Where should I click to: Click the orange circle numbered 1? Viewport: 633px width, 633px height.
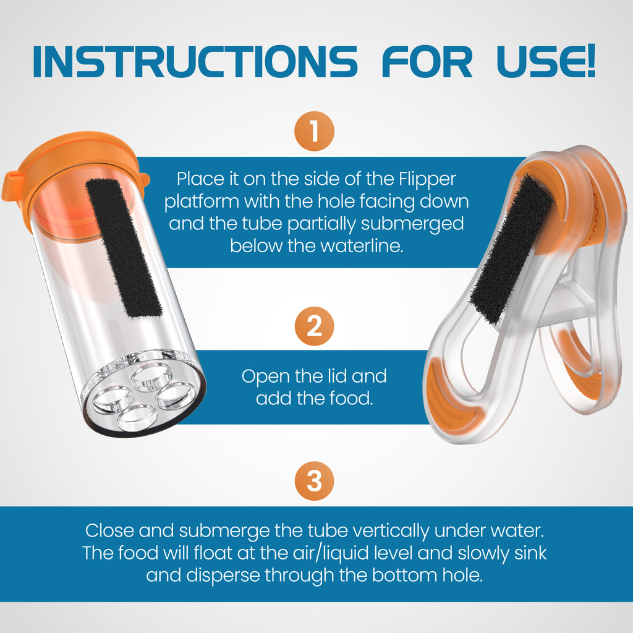pyautogui.click(x=314, y=132)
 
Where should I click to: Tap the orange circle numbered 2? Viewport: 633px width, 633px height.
pyautogui.click(x=314, y=326)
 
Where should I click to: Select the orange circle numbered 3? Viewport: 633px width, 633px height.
pyautogui.click(x=314, y=481)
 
